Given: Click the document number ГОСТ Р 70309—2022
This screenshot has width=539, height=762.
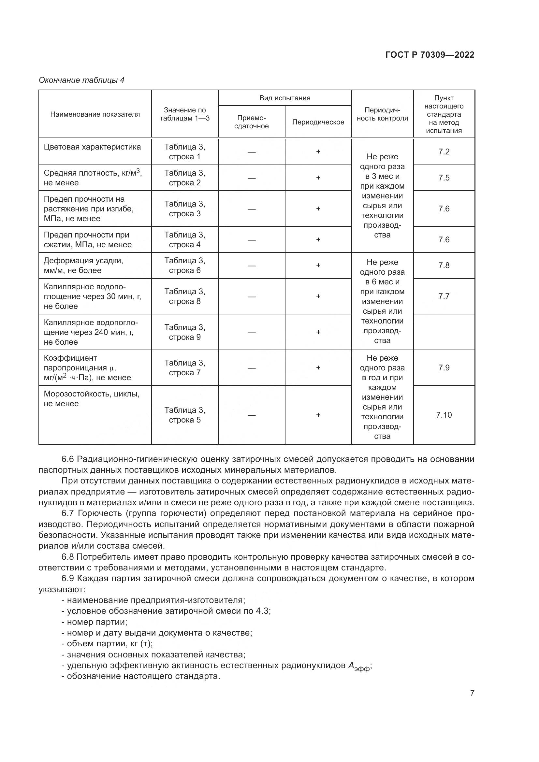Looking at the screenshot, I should pyautogui.click(x=430, y=55).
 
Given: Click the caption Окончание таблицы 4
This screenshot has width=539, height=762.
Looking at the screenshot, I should pyautogui.click(x=81, y=80).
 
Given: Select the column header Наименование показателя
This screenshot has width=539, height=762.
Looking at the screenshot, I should pyautogui.click(x=95, y=114).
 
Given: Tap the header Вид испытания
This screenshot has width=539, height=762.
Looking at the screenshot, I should pyautogui.click(x=285, y=98).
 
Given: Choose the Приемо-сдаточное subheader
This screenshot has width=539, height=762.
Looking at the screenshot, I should pyautogui.click(x=251, y=122).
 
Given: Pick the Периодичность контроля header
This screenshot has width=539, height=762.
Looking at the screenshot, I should pyautogui.click(x=382, y=114).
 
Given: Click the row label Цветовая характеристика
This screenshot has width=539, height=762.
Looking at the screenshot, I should pyautogui.click(x=92, y=147).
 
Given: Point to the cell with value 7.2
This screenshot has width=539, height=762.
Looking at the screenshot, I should pyautogui.click(x=444, y=152).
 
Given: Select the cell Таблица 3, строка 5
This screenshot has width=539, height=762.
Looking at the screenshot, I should pyautogui.click(x=184, y=415).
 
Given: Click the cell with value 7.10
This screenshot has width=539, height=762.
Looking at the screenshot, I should pyautogui.click(x=444, y=415).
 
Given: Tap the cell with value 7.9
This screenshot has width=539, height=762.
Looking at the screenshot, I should pyautogui.click(x=444, y=367).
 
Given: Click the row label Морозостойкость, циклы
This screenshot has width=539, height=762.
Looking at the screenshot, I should pyautogui.click(x=91, y=394).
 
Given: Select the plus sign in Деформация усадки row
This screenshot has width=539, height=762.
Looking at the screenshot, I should pyautogui.click(x=318, y=265).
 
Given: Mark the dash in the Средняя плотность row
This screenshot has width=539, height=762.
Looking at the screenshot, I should pyautogui.click(x=251, y=178).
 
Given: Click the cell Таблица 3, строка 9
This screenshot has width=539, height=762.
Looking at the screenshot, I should pyautogui.click(x=184, y=332).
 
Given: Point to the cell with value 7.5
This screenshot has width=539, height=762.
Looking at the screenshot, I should pyautogui.click(x=444, y=178).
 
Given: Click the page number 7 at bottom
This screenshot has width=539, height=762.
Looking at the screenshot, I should pyautogui.click(x=472, y=693).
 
